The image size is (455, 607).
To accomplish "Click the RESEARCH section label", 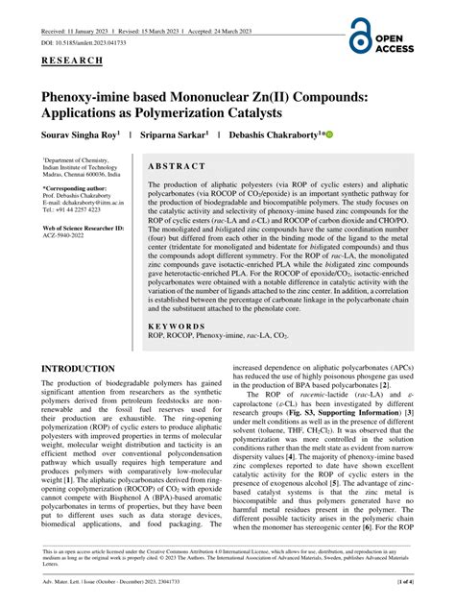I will click(74, 60).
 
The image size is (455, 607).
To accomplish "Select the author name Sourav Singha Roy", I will click(79, 136).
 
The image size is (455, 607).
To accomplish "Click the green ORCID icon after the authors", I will click(328, 135).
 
